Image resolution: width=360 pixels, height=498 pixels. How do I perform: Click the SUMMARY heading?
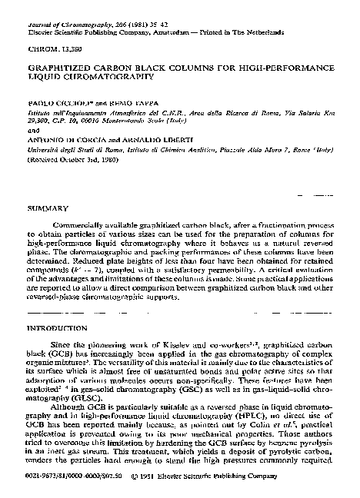tap(42, 208)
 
